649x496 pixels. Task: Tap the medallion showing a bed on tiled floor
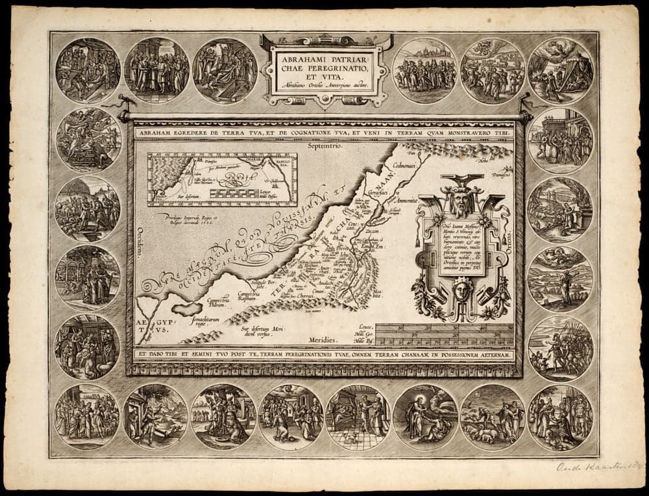pos(358,416)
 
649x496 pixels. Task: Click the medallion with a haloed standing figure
pos(425,416)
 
